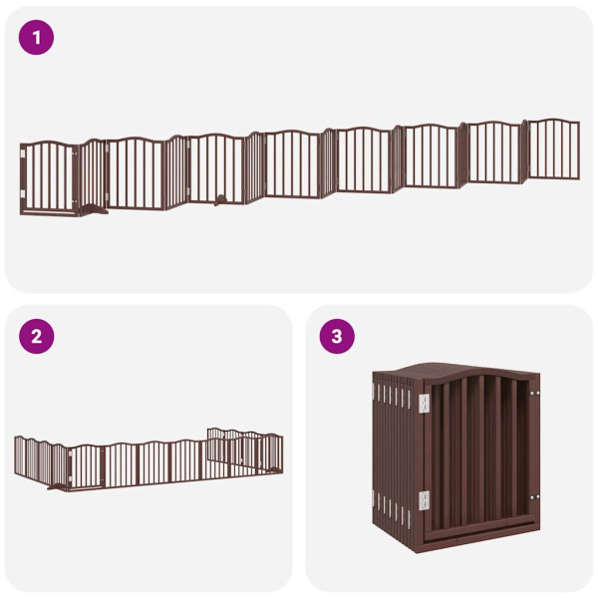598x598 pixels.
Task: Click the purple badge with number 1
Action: pyautogui.click(x=37, y=38)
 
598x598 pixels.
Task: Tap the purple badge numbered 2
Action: pyautogui.click(x=37, y=336)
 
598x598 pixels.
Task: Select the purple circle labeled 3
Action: pyautogui.click(x=337, y=336)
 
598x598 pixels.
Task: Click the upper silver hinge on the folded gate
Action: pyautogui.click(x=423, y=402)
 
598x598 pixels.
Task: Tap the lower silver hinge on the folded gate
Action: pyautogui.click(x=423, y=499)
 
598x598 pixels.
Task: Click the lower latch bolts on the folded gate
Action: pyautogui.click(x=534, y=495)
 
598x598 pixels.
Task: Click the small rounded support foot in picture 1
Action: pyautogui.click(x=219, y=200)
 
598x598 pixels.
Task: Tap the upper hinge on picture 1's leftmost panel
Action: pyautogui.click(x=23, y=155)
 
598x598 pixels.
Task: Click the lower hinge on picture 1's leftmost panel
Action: pyautogui.click(x=23, y=194)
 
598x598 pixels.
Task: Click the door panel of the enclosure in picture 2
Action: pyautogui.click(x=87, y=464)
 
